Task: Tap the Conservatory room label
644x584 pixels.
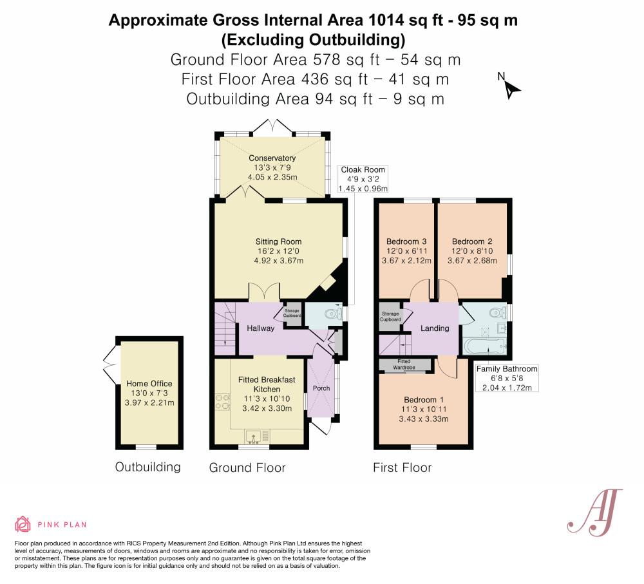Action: click(272, 158)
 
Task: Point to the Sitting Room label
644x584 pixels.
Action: click(278, 242)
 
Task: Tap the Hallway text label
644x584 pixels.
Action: click(260, 328)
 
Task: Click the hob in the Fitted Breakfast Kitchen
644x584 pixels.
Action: click(222, 402)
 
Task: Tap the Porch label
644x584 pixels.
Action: click(321, 388)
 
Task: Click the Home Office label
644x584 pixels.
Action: click(149, 384)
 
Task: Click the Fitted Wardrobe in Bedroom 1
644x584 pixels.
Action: click(404, 365)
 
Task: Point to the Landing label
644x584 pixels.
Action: click(435, 328)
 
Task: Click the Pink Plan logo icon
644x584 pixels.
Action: click(23, 524)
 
